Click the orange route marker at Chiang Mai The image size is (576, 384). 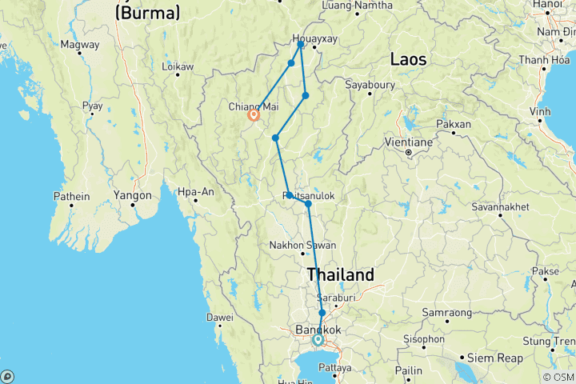[x=254, y=115]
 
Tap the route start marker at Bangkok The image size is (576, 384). [x=318, y=340]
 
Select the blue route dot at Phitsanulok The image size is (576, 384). [x=308, y=204]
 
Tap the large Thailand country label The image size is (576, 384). [x=340, y=274]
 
